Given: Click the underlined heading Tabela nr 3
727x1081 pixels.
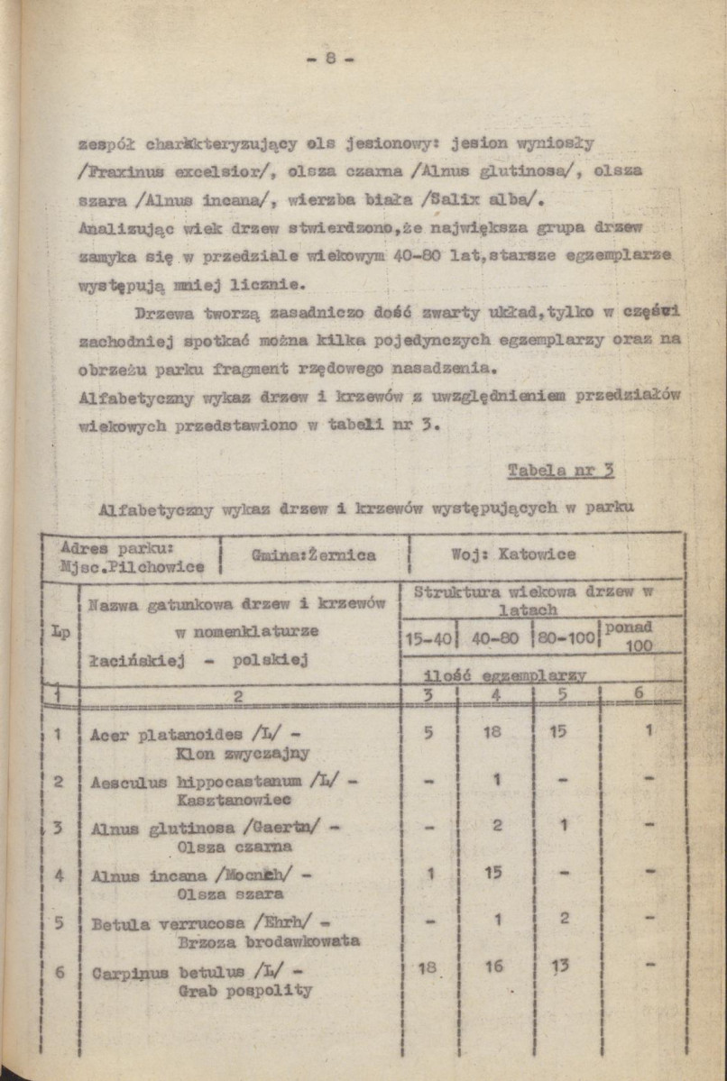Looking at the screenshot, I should (560, 470).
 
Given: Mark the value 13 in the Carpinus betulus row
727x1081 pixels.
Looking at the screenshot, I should (560, 966).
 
